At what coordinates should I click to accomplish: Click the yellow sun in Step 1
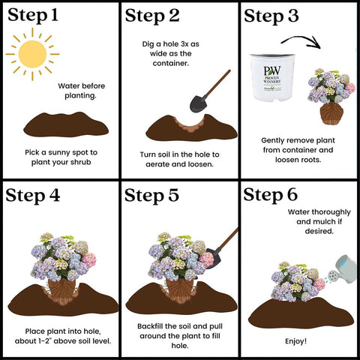(x=32, y=54)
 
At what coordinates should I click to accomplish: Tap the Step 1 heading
(x=33, y=16)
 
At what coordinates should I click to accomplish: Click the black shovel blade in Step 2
(x=199, y=103)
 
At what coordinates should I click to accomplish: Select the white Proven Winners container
(x=272, y=77)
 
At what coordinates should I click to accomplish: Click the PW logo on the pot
(x=272, y=70)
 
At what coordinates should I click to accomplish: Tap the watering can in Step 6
(x=343, y=270)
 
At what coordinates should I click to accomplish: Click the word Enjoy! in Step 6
(x=295, y=341)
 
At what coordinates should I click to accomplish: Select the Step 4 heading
(x=33, y=196)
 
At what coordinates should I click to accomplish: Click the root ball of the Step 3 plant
(x=331, y=114)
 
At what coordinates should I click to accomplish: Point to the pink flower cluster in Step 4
(x=89, y=259)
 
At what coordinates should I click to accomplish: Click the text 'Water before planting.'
(x=81, y=91)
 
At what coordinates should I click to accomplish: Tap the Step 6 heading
(x=271, y=195)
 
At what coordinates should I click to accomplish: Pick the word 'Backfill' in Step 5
(x=150, y=326)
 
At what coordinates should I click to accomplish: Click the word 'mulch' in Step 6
(x=324, y=222)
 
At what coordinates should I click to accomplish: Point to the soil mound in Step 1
(x=66, y=124)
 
